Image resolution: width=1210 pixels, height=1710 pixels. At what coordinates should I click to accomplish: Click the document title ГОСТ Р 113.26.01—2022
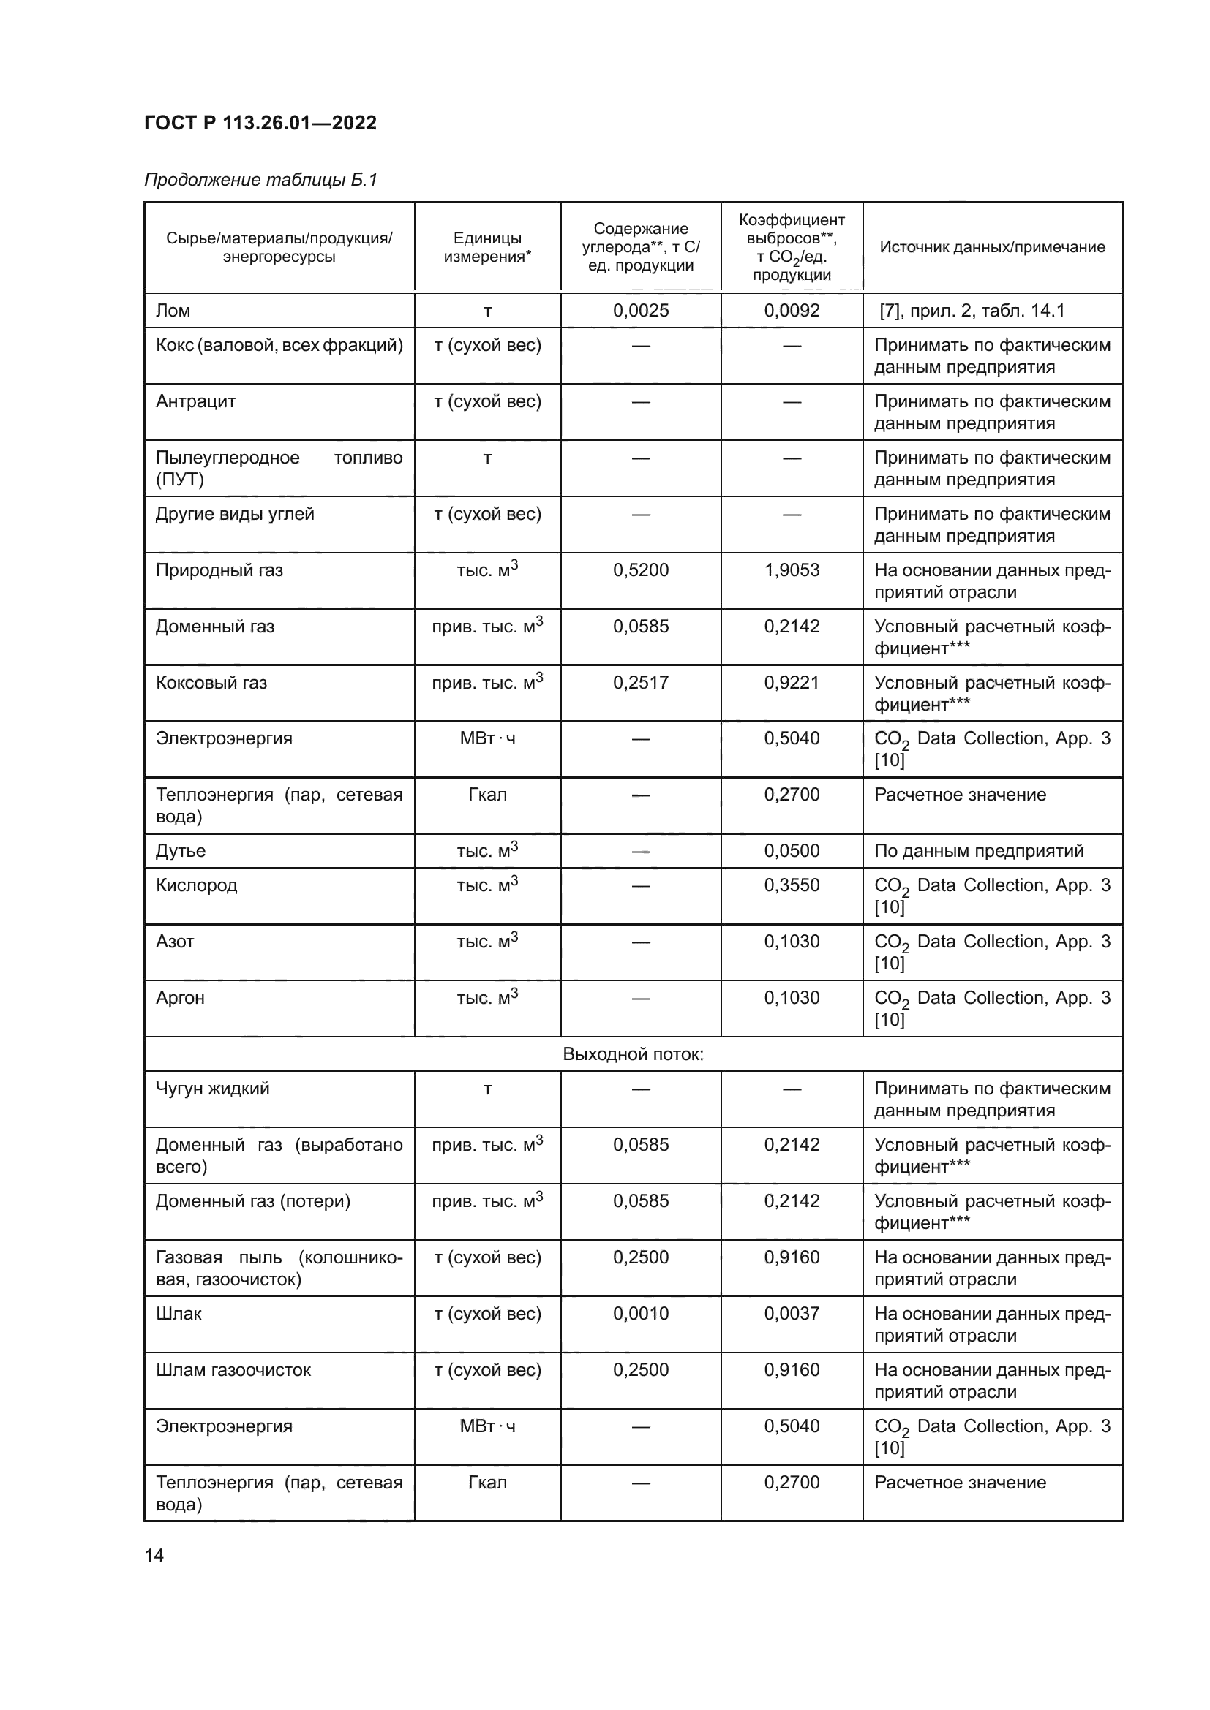point(260,123)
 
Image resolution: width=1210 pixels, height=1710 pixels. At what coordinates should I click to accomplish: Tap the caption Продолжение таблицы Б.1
point(260,180)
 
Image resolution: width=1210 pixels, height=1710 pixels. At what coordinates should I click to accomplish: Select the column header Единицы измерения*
point(487,247)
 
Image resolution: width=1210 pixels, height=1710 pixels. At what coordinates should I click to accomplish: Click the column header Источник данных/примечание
point(992,247)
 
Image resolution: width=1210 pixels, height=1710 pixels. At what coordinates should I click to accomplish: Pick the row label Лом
point(173,311)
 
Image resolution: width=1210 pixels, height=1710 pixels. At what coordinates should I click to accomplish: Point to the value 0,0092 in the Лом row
point(792,311)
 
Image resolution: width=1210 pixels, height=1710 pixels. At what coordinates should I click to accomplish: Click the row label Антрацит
point(195,401)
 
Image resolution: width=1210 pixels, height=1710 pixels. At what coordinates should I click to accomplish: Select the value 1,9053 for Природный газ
point(792,570)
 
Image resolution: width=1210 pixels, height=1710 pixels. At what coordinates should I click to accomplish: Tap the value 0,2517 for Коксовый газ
point(641,683)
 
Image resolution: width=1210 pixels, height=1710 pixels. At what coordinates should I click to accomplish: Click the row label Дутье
point(180,851)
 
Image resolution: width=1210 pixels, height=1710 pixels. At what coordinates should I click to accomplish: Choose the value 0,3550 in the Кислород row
point(792,885)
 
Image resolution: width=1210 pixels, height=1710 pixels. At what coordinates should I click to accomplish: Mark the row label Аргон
point(179,998)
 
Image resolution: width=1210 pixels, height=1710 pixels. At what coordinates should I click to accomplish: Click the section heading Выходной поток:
point(633,1055)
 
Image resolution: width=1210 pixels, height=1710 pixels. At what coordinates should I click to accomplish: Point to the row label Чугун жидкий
point(212,1089)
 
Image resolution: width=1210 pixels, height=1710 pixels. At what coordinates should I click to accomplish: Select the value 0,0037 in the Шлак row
point(792,1314)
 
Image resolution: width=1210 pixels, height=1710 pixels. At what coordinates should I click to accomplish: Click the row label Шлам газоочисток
point(233,1370)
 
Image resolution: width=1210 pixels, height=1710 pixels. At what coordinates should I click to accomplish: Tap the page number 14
point(154,1555)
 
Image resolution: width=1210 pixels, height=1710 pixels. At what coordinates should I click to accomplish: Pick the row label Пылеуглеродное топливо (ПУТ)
point(279,469)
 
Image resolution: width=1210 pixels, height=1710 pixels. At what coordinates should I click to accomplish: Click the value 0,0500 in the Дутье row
point(792,851)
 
